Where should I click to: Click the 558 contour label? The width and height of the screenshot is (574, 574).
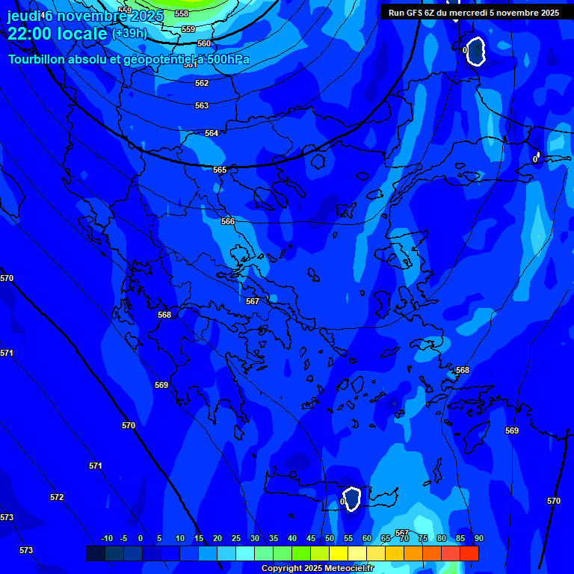182,13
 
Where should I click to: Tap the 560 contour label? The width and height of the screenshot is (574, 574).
204,43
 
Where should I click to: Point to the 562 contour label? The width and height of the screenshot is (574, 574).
202,83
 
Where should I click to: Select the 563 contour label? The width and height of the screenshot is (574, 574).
202,105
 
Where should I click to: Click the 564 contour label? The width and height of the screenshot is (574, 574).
212,133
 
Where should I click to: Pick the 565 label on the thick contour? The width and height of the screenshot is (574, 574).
219,170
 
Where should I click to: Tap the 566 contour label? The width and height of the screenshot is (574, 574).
228,221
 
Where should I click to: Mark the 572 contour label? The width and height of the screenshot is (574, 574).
57,497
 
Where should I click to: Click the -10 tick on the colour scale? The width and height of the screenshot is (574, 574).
106,538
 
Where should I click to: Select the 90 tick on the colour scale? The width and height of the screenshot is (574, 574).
478,538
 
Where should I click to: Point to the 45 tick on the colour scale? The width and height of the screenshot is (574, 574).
311,538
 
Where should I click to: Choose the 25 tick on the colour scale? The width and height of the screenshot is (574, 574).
236,538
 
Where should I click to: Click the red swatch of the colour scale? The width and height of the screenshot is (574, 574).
469,553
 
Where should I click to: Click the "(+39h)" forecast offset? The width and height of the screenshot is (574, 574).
129,33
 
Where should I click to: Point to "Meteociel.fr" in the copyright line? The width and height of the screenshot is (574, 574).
350,569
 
